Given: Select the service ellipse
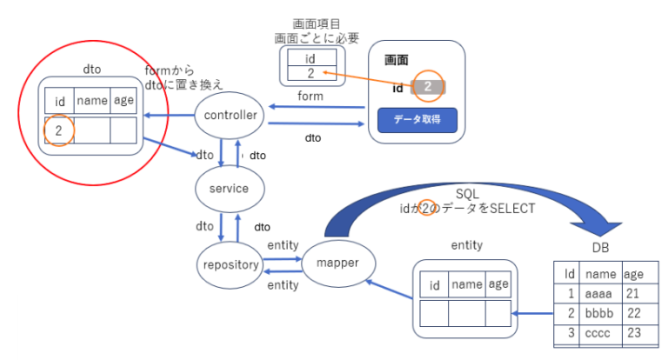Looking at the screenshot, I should (223, 188).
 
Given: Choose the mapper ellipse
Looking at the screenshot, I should (339, 262).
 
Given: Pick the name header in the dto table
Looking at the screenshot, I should (92, 101).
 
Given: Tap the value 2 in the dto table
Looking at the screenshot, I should (57, 130).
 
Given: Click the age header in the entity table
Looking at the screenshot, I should (498, 283).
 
